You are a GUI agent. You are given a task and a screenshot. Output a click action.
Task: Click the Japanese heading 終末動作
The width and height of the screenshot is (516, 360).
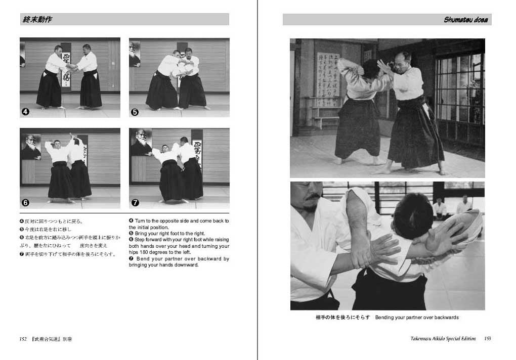tap(37, 20)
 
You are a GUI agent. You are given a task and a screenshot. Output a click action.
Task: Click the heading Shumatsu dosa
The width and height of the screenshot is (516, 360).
tap(465, 20)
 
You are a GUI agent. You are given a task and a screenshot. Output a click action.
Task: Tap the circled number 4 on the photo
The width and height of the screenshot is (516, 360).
tap(26, 112)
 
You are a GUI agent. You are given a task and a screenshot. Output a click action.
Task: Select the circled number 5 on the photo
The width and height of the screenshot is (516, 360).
tap(135, 112)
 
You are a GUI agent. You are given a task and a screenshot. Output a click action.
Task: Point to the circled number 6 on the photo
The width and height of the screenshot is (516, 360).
tap(26, 203)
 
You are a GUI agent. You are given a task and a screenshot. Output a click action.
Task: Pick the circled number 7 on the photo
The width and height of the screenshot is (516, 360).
tap(135, 203)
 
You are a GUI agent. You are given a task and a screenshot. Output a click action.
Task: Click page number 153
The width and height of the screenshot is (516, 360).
tap(487, 339)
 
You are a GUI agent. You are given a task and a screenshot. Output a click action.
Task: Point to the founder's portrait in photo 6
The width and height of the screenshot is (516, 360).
tap(30, 147)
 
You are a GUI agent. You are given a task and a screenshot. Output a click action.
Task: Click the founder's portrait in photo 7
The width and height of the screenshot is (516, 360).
tap(141, 143)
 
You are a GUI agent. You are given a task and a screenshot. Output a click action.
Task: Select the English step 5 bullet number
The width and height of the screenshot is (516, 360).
tap(132, 234)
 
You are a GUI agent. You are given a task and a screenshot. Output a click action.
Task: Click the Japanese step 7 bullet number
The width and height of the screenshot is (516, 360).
tap(21, 254)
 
